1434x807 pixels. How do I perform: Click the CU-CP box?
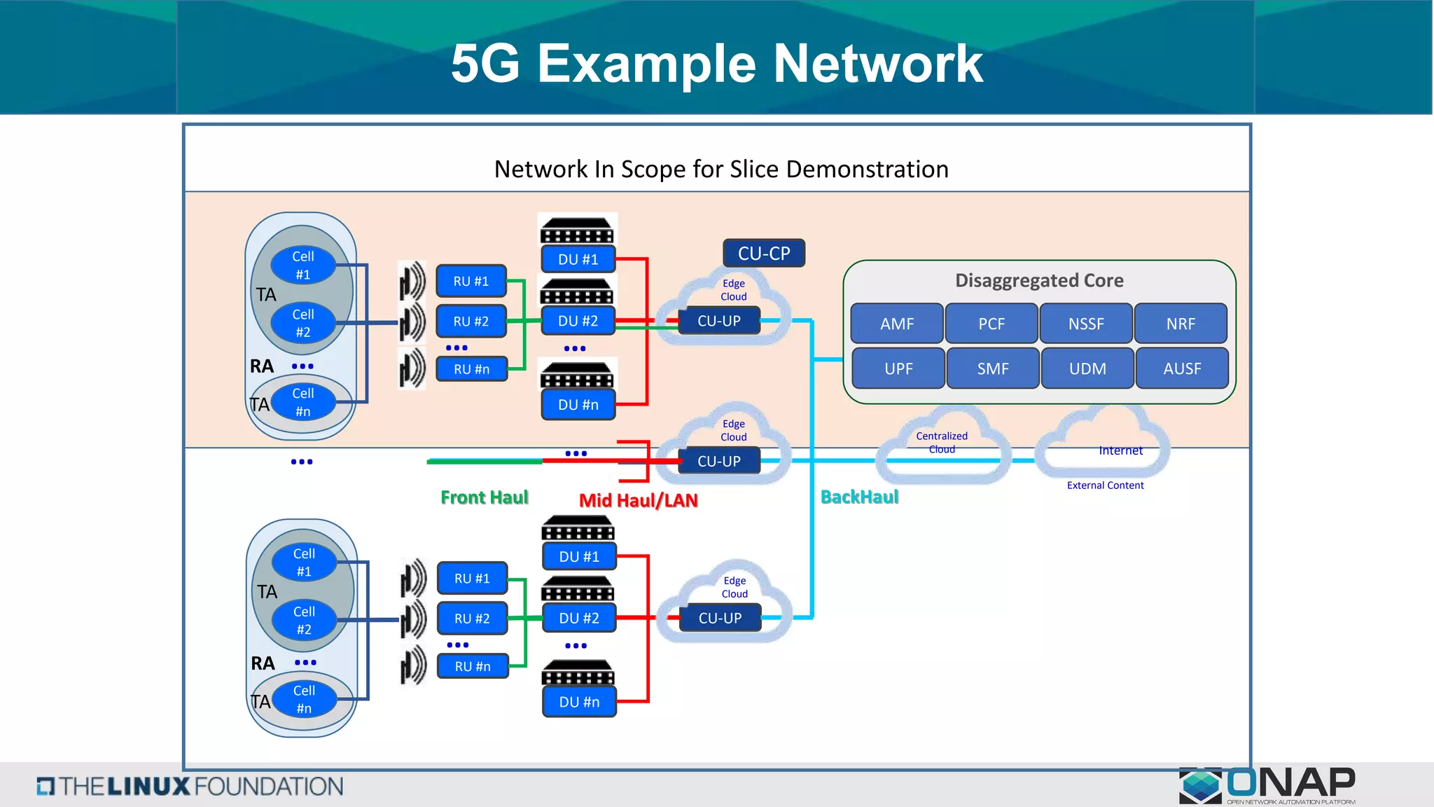[x=763, y=253]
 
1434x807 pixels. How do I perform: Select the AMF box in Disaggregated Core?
[x=897, y=324]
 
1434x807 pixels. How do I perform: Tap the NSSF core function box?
[x=1085, y=324]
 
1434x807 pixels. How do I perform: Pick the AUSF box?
[x=1182, y=368]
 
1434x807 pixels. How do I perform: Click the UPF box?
[x=898, y=368]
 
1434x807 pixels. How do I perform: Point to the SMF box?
[x=993, y=368]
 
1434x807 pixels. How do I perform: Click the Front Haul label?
[x=484, y=497]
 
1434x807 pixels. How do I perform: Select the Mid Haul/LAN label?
[x=638, y=500]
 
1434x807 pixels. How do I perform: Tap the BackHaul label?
[x=859, y=497]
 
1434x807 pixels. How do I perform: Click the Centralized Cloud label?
[x=942, y=442]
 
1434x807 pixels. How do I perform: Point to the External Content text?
[x=1105, y=485]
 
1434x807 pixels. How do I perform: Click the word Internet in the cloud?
[x=1120, y=450]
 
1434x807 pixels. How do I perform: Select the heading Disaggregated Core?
[x=1039, y=280]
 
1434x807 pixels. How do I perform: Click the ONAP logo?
[x=1267, y=785]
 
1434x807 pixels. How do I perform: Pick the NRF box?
[x=1181, y=324]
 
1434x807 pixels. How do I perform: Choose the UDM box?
[x=1087, y=368]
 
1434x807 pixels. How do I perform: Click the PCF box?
[x=991, y=324]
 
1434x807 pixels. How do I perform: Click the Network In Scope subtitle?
[x=721, y=169]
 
